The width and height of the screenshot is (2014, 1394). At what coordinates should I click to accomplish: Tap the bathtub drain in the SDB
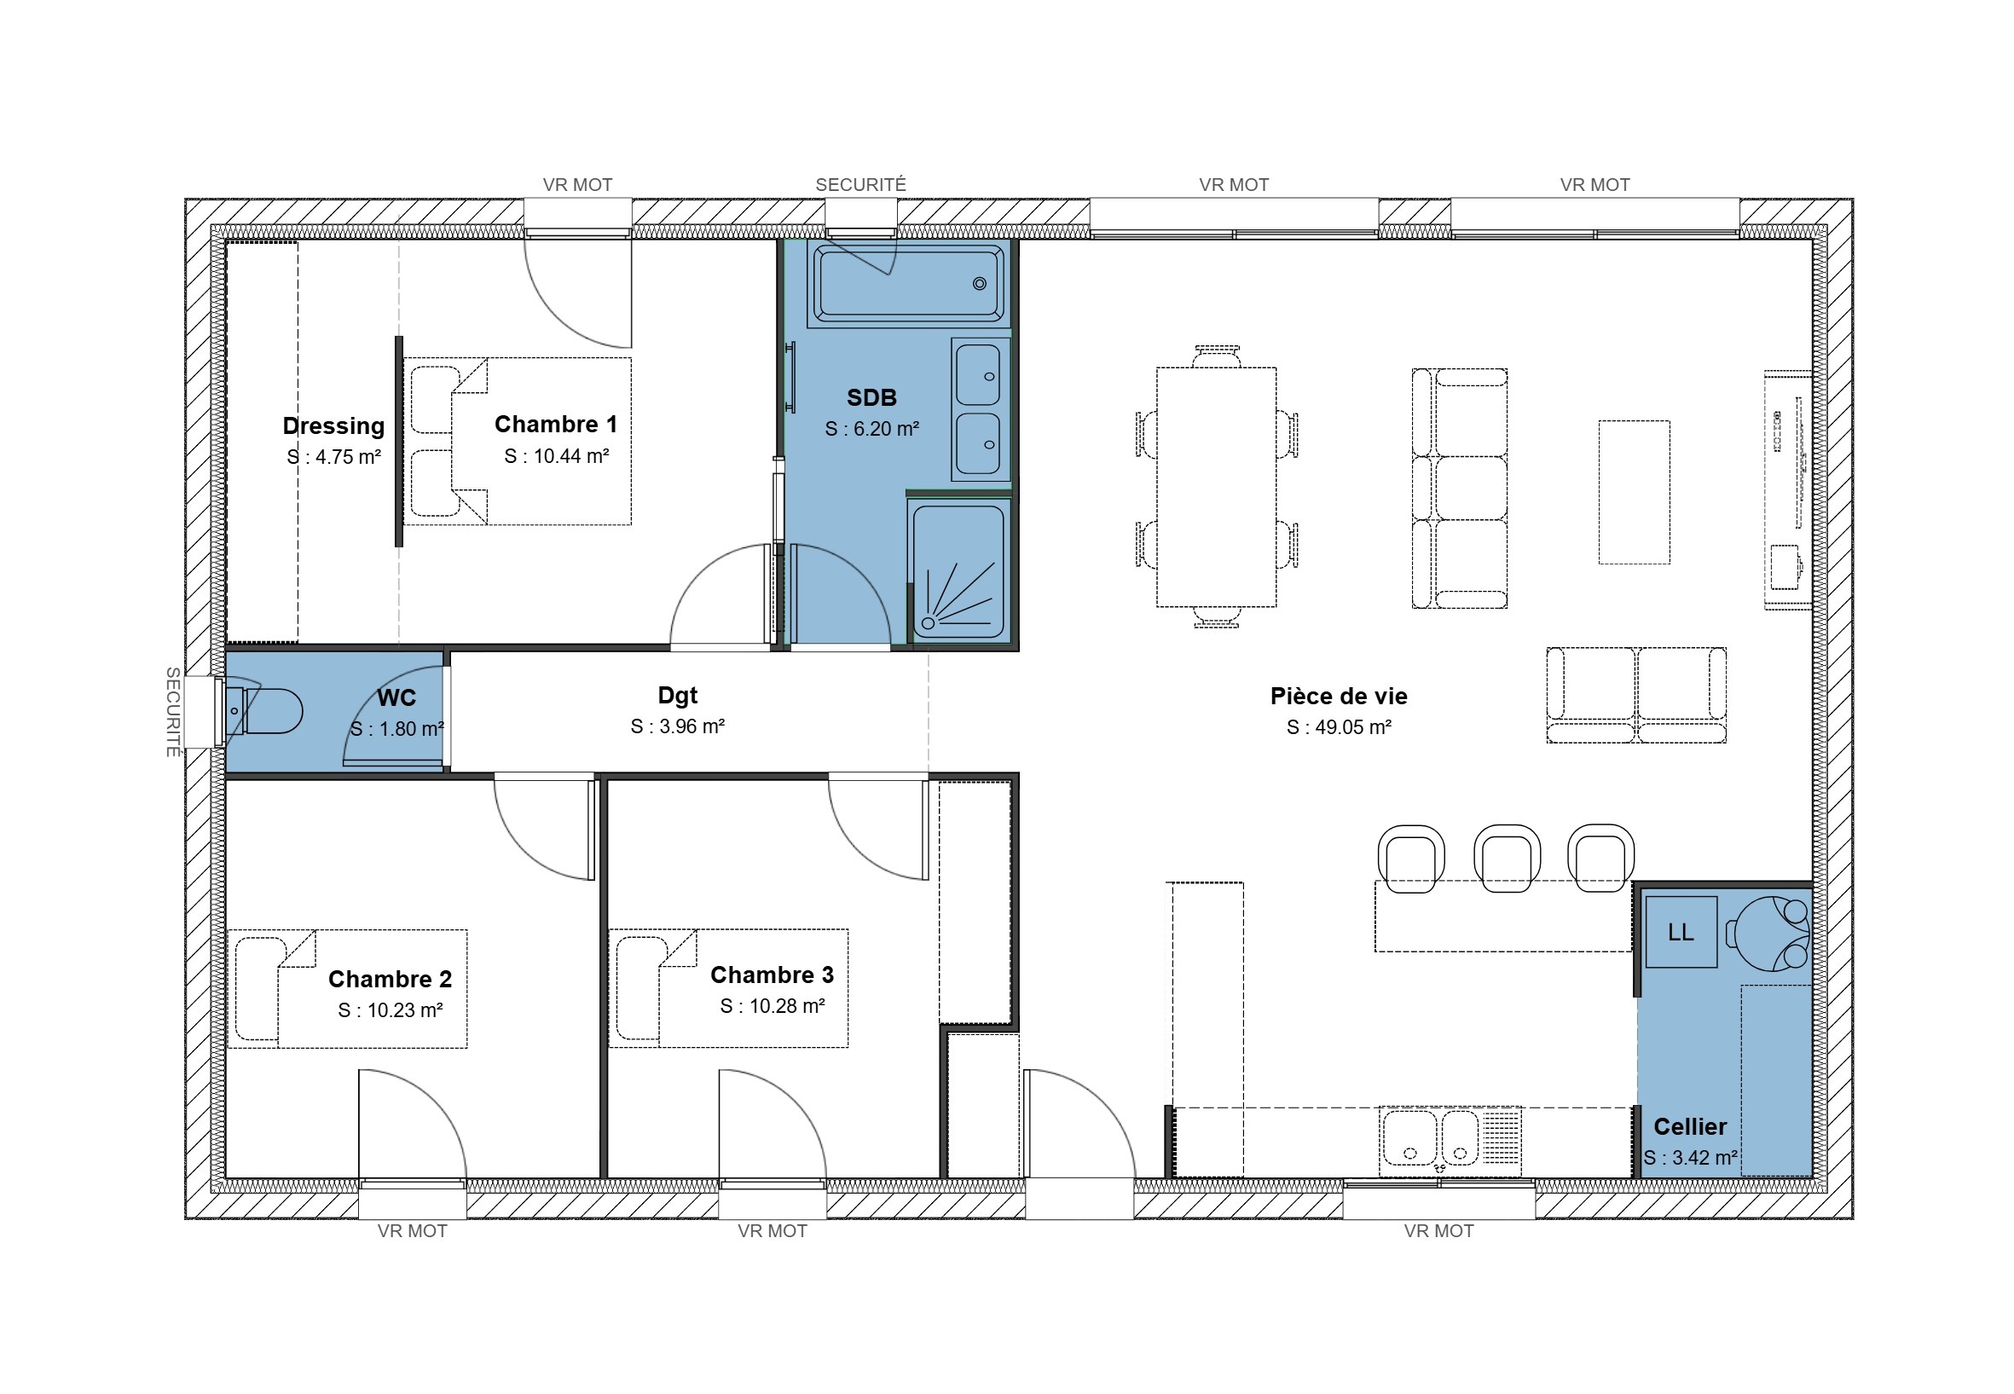tap(979, 283)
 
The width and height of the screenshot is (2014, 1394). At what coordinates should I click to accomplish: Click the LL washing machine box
tap(1681, 932)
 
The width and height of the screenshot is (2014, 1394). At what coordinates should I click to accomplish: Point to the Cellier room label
tap(1690, 1127)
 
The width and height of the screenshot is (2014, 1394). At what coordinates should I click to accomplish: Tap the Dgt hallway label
tap(678, 696)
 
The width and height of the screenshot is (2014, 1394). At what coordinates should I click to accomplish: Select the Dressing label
tap(333, 426)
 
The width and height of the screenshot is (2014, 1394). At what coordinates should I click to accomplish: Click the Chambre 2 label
tap(391, 979)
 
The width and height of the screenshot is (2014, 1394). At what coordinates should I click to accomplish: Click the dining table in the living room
tap(1216, 487)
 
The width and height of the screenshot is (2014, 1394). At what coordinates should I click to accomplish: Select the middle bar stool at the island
tap(1507, 858)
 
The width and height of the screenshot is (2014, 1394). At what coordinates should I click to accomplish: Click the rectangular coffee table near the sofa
tap(1634, 492)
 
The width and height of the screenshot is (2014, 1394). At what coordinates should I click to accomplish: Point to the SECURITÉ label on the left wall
tap(173, 712)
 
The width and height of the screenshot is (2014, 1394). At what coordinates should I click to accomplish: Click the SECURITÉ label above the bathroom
tap(860, 185)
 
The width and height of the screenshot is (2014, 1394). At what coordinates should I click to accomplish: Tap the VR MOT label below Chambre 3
tap(772, 1230)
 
